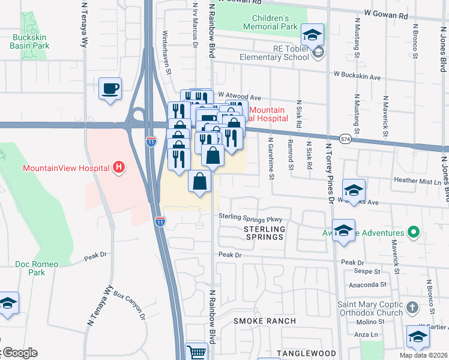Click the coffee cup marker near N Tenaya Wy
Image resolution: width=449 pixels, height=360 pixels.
point(110,89)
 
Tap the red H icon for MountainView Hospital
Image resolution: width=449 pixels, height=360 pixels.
point(119,167)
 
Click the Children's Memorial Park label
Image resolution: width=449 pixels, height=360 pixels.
point(271,23)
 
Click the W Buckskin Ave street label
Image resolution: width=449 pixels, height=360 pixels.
point(357,77)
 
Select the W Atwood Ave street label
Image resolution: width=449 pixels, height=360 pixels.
point(240,96)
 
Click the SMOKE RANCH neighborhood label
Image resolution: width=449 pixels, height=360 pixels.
point(265,321)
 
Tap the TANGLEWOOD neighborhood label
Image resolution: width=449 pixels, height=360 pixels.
point(304,353)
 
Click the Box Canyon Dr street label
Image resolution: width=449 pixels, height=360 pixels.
point(130,305)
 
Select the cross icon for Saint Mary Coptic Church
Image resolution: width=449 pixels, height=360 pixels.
point(411,308)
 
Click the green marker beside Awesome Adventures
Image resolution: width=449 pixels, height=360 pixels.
point(413,232)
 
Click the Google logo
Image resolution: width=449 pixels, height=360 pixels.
point(19,352)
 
